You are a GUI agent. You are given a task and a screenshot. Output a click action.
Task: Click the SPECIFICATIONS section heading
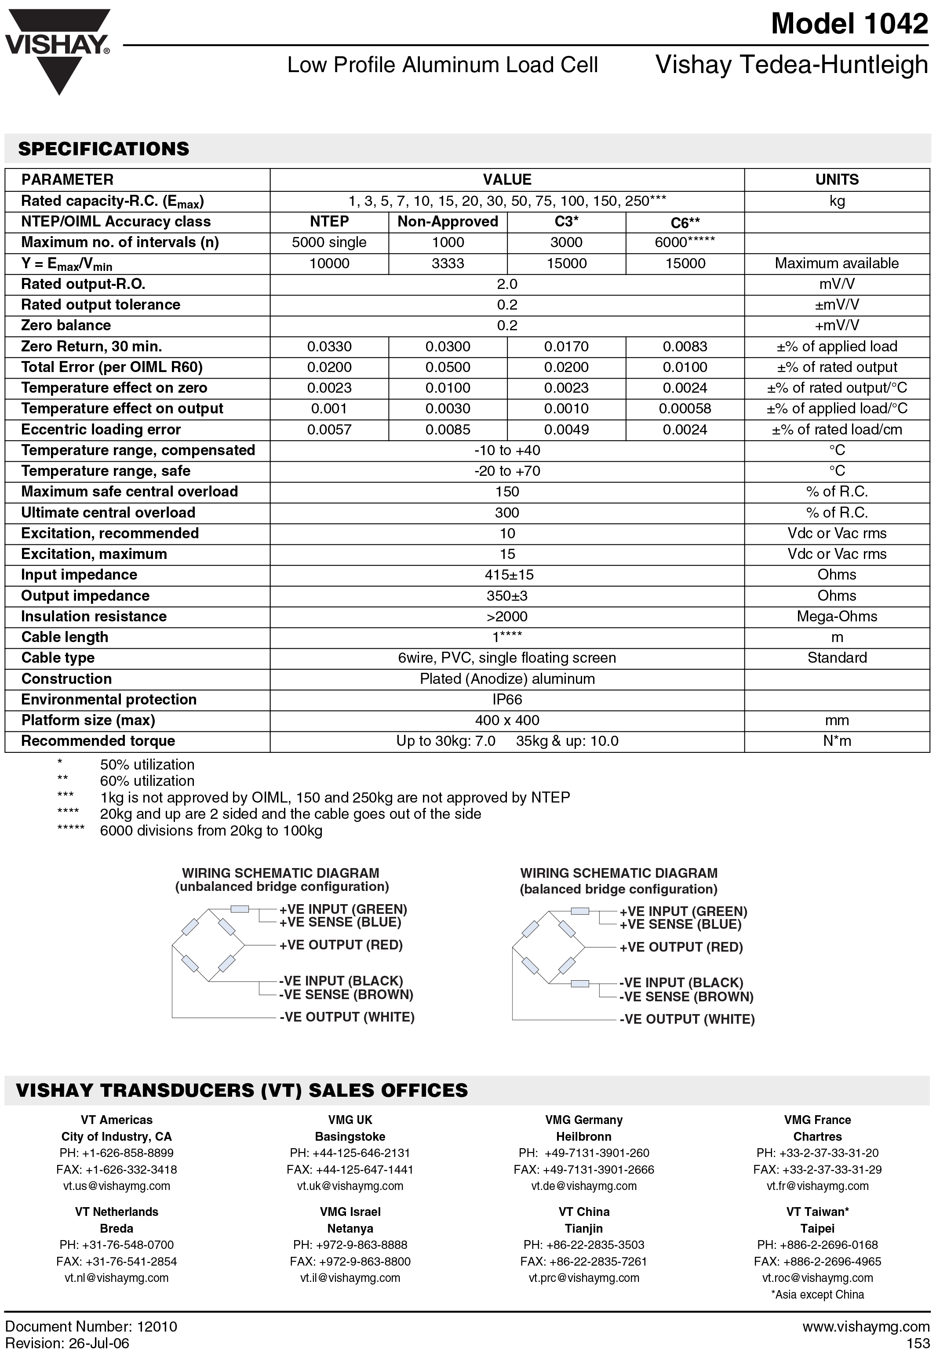(104, 149)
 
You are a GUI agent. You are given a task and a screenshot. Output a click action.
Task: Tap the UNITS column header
(837, 180)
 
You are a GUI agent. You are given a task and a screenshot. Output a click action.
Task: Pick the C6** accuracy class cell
(685, 223)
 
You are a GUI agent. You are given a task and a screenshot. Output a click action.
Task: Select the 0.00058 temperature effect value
(685, 409)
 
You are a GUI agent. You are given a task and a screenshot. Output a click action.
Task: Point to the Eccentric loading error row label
(101, 429)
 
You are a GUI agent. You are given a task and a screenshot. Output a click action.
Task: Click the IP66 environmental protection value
(507, 699)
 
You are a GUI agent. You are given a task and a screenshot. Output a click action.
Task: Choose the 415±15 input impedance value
(507, 575)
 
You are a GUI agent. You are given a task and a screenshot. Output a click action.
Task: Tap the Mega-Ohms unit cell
(837, 616)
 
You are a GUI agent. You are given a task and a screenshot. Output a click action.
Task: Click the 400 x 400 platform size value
(507, 720)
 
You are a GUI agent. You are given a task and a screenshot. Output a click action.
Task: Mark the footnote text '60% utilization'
(147, 781)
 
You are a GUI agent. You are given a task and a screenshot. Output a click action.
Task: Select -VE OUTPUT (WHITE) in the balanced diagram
(687, 1019)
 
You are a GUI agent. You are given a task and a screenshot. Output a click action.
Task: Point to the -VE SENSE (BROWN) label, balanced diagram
(686, 996)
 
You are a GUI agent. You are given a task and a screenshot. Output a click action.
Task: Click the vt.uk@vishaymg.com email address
(350, 1186)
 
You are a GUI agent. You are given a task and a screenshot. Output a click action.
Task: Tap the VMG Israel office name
(350, 1212)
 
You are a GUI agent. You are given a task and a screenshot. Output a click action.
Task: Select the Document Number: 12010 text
(91, 1327)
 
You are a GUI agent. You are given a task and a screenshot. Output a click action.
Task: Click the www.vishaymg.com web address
(866, 1327)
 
